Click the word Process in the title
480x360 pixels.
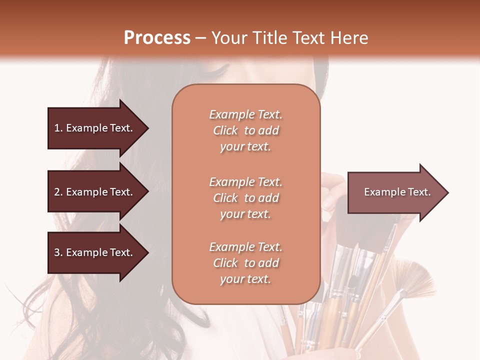tap(157, 38)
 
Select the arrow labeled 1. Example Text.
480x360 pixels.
tap(95, 128)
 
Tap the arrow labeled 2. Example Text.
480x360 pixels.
tap(95, 192)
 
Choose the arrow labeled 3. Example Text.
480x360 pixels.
tap(95, 252)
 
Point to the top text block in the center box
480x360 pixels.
tap(245, 130)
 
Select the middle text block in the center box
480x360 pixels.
tap(245, 198)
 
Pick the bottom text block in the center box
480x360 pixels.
tap(245, 263)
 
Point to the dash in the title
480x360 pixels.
tap(201, 38)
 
